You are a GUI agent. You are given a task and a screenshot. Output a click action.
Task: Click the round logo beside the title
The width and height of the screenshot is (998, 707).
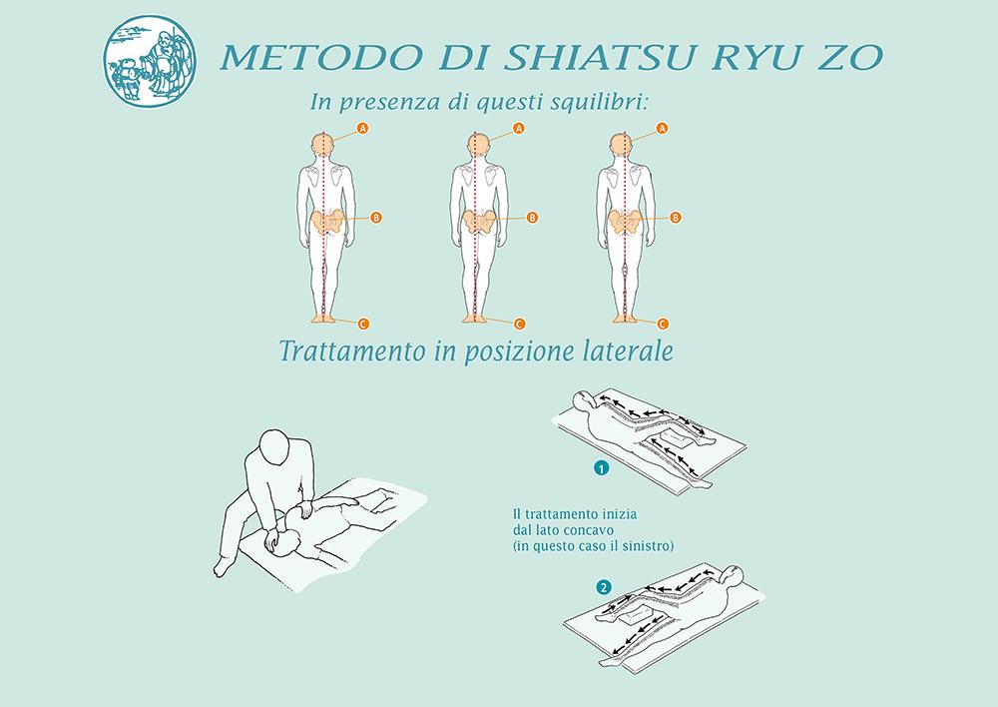[x=150, y=61]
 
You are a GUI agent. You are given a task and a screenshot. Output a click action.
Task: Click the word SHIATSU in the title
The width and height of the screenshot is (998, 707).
[x=601, y=57]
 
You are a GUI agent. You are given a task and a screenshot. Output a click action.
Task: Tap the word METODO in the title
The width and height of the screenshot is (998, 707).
[x=320, y=57]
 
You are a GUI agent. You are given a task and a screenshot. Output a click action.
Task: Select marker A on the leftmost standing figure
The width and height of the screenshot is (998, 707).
[x=363, y=129]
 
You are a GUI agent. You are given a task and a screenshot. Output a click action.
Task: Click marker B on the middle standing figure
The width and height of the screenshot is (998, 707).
[x=532, y=218]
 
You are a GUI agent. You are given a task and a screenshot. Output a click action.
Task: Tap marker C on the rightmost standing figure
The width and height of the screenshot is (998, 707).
[x=663, y=324]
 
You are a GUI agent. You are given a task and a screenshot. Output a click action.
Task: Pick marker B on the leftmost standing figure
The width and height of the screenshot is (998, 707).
[x=376, y=218]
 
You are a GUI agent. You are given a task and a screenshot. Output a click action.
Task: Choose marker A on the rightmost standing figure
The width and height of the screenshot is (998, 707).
[x=662, y=129]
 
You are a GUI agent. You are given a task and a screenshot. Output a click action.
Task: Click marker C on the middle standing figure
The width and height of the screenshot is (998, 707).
[x=519, y=324]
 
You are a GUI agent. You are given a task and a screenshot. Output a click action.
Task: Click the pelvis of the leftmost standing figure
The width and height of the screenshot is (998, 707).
[x=326, y=223]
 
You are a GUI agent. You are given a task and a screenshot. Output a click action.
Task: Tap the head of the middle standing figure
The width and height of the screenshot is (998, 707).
[x=479, y=145]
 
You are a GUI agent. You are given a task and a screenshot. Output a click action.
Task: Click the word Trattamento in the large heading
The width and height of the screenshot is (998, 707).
[x=352, y=351]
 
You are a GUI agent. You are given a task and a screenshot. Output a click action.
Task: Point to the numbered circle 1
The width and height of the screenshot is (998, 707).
[x=601, y=468]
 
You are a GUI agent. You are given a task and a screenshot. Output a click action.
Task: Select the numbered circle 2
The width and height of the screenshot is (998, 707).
[x=604, y=587]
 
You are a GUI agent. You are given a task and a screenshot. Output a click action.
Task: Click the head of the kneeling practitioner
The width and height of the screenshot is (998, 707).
[x=276, y=445]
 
